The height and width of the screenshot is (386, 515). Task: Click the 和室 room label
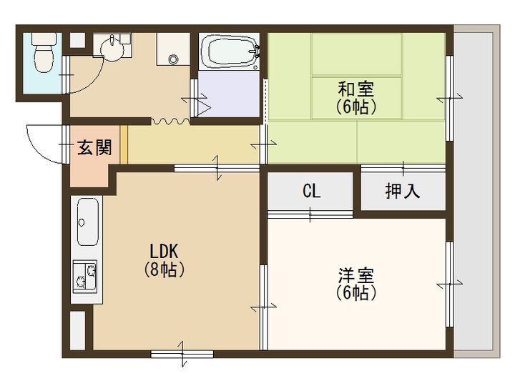click(356, 90)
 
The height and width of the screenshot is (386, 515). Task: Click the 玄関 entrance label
click(94, 149)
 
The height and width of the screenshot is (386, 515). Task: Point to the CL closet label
click(311, 192)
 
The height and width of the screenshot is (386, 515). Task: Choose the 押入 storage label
click(402, 192)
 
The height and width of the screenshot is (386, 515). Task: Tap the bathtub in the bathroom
click(229, 51)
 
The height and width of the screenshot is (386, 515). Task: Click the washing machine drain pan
click(172, 51)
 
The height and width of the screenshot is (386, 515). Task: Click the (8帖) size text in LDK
click(167, 270)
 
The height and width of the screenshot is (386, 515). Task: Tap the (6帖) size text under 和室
click(356, 107)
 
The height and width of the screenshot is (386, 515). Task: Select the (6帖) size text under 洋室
click(356, 293)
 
